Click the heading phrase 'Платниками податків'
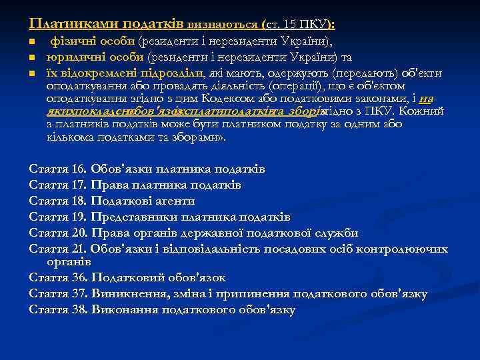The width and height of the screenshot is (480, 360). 107,24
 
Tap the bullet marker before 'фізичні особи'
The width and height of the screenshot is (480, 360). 32,43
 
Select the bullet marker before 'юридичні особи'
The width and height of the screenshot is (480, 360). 32,58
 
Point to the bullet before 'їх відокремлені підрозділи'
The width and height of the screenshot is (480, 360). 32,73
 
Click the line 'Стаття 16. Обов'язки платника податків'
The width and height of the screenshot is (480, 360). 147,169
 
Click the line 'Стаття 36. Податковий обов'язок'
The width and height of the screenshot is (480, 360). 128,277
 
